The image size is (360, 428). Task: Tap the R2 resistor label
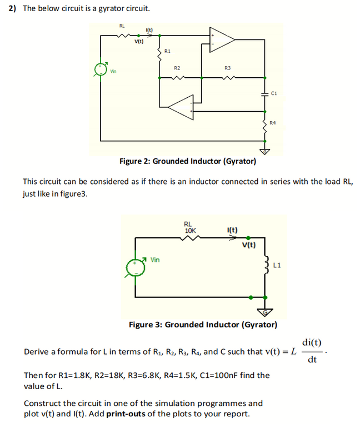[x=177, y=68]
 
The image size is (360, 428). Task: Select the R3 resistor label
[x=227, y=68]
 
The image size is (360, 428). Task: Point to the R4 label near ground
[x=272, y=122]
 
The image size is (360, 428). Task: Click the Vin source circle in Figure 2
[x=101, y=69]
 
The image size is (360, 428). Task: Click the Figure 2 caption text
[x=188, y=162]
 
